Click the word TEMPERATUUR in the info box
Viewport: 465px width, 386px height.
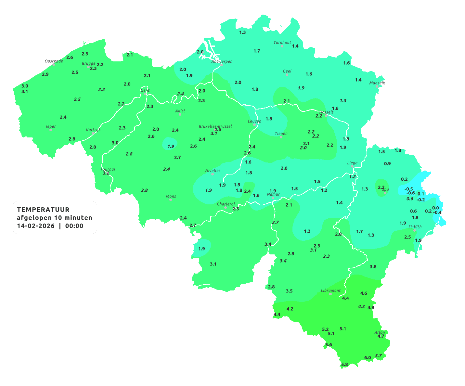(x=43, y=210)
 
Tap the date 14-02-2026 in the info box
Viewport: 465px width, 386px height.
(x=36, y=226)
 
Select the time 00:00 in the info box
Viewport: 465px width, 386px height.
(x=74, y=226)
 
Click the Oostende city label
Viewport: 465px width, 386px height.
(x=54, y=61)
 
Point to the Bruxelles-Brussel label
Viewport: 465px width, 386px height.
(x=215, y=126)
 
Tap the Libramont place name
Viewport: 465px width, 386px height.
(x=330, y=290)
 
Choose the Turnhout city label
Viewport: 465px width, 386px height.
(x=282, y=43)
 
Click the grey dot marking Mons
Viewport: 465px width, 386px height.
(x=171, y=200)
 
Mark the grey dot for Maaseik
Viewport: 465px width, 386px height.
(x=377, y=86)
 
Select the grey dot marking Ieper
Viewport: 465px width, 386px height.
(x=50, y=130)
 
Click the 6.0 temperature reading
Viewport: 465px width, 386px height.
(x=368, y=358)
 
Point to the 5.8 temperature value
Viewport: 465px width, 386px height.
(x=344, y=365)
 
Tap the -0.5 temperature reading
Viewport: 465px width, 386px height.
(x=408, y=189)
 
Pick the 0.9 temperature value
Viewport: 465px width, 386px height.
(x=387, y=164)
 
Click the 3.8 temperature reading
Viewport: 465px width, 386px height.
(x=373, y=267)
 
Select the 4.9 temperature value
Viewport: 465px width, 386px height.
(x=371, y=307)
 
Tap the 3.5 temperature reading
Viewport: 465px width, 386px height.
(x=289, y=291)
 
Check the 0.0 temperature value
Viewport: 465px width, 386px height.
(x=435, y=208)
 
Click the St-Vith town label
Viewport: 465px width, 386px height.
(x=415, y=227)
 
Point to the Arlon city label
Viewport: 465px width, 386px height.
(x=380, y=332)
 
